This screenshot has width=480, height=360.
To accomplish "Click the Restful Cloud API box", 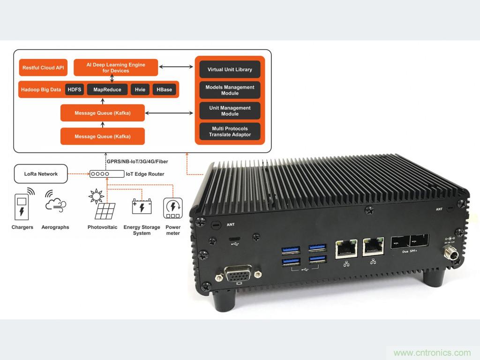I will pos(43,67).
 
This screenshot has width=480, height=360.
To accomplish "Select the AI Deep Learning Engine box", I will pos(116,67).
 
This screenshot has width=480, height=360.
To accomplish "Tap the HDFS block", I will pos(75,90).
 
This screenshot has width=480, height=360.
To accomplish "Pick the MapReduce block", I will pos(107,90).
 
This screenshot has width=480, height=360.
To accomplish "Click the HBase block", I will pos(164,90).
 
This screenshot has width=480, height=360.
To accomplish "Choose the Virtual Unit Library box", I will pos(230,69).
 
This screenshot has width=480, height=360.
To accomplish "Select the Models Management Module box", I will pos(230,90).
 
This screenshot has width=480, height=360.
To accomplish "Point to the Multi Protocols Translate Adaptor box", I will pos(230,131).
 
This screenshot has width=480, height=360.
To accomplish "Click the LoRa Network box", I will pos(41,174).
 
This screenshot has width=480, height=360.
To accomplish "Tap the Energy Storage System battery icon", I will pos(142,207).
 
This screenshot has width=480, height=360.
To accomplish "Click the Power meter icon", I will pos(172,208).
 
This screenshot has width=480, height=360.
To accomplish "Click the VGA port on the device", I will pos(240,273).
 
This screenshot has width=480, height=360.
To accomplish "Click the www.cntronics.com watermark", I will pos(432,352).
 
